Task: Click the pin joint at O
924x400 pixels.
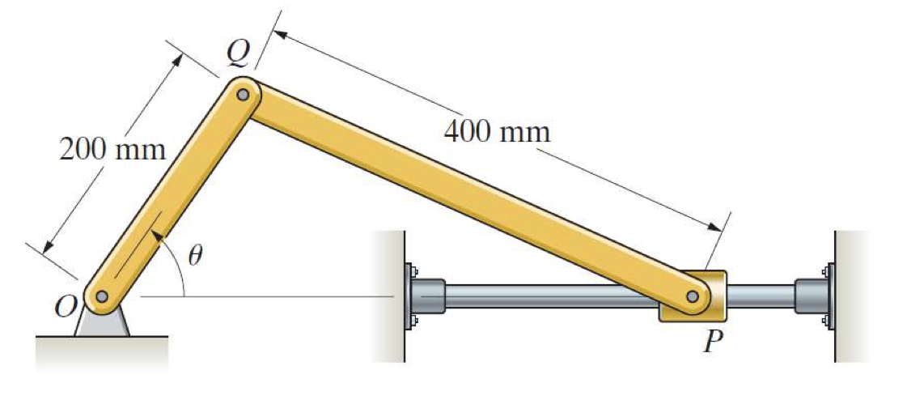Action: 101,297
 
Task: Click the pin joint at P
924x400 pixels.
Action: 693,297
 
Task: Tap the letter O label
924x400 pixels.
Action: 65,306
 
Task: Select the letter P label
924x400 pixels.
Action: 711,343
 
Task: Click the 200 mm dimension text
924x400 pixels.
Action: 112,150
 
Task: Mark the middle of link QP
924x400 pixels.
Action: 468,195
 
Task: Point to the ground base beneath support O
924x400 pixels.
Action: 102,349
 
